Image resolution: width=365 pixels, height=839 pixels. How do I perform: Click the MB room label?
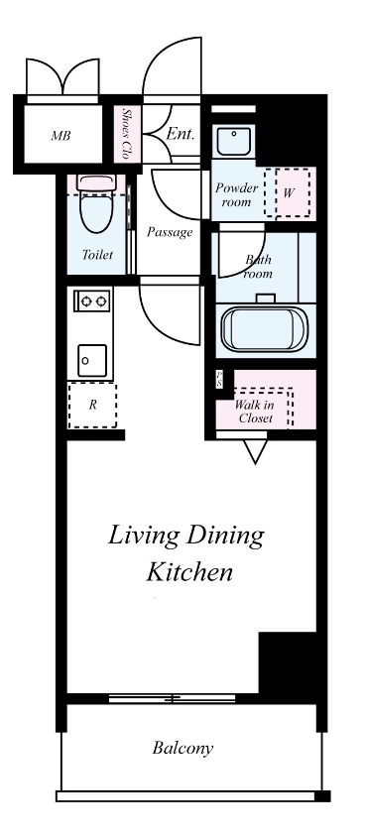coord(61,136)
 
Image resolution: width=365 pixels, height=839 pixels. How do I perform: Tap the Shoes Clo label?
coord(127,134)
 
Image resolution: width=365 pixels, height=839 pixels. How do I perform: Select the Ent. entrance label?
coord(180,133)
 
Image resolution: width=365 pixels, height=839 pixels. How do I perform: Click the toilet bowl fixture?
coord(96,204)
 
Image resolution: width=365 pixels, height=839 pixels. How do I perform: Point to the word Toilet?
coord(98,254)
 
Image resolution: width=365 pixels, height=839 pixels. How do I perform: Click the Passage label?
coord(170,232)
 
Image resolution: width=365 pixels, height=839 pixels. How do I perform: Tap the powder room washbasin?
coord(234,141)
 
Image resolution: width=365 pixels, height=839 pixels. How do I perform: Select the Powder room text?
coord(236,194)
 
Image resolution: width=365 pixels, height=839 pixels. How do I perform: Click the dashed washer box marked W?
coord(288,192)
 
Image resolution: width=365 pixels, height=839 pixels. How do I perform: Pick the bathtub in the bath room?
coord(265,328)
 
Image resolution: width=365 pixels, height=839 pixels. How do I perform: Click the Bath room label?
coord(258,267)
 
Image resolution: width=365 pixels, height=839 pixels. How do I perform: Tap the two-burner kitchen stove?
coord(93,300)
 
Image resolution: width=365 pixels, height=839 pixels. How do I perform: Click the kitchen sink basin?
coord(92,361)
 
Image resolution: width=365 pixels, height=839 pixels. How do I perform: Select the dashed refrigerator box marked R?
coord(92,405)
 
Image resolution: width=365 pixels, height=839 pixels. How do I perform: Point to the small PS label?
coord(219,379)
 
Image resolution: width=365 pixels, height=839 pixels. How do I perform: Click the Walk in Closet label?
coord(255,412)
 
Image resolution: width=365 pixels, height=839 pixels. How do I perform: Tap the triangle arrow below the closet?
coord(255,451)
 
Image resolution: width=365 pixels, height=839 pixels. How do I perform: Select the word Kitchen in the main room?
coord(189,571)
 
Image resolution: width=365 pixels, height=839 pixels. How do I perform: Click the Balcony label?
coord(182,748)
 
